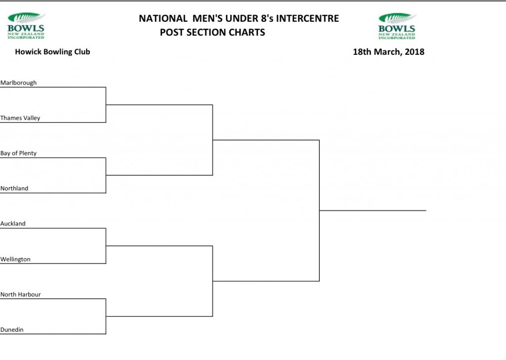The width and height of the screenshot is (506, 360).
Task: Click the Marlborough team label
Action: click(18, 83)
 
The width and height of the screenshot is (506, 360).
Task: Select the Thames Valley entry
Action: click(20, 118)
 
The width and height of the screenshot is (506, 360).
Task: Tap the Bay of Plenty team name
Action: click(18, 153)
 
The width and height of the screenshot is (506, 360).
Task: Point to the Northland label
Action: click(14, 188)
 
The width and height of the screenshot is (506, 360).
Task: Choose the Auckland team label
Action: click(13, 224)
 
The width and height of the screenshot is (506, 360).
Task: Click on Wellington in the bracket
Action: click(15, 259)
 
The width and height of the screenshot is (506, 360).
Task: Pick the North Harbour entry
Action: click(21, 294)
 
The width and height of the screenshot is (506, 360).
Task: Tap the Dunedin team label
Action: click(12, 329)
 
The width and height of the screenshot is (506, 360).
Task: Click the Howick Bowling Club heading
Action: click(52, 51)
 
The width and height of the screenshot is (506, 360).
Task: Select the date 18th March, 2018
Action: click(388, 51)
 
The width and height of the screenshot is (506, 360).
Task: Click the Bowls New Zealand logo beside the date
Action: click(397, 26)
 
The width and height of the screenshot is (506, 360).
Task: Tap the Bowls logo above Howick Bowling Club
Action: click(26, 26)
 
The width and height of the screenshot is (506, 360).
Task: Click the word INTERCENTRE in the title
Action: click(307, 18)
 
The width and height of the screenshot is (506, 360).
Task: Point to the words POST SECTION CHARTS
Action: click(212, 32)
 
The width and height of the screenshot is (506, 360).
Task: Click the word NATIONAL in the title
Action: click(163, 18)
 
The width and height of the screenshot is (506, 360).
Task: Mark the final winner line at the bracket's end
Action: click(373, 211)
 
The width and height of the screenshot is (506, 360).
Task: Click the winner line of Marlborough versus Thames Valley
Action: click(159, 105)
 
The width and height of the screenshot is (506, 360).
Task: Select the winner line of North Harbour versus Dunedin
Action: click(159, 316)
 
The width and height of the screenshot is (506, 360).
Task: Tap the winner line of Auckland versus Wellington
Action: click(159, 246)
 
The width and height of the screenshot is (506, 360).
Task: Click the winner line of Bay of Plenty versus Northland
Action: click(159, 176)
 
